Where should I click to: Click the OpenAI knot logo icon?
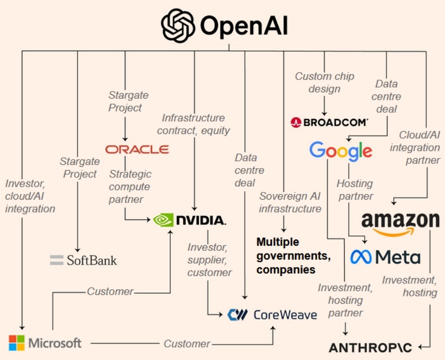tap(177, 26)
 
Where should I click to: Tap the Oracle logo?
tap(137, 149)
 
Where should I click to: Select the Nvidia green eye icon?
tap(164, 220)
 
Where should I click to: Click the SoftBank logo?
tap(83, 260)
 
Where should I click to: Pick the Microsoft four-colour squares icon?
tap(17, 343)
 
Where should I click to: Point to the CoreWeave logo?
tap(272, 314)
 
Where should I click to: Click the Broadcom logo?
tap(329, 122)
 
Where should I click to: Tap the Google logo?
tap(340, 151)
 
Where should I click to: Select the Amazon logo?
tap(400, 223)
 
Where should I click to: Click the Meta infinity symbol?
tap(361, 257)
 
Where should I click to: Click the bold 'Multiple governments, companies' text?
tap(293, 256)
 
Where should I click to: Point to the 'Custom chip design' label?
tap(324, 82)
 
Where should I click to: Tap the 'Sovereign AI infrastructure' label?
tap(290, 202)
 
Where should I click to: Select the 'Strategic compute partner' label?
tap(130, 187)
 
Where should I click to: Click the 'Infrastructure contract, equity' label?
tap(193, 125)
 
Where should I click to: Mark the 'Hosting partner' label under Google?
tap(354, 190)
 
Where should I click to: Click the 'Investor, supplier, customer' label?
tap(209, 260)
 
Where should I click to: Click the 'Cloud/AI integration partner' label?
tap(419, 147)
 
